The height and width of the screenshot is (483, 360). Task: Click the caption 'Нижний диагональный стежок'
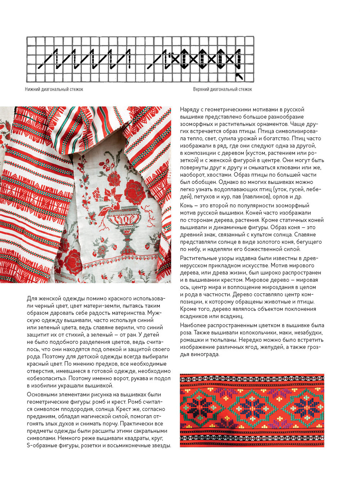pos(54,89)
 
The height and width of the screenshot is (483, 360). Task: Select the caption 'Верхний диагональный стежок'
pos(222,89)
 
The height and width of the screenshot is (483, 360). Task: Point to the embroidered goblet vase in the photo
pos(124,223)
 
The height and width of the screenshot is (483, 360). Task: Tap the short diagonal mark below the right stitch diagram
pos(239,76)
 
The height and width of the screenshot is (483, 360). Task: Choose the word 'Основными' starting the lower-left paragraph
pos(40,395)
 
